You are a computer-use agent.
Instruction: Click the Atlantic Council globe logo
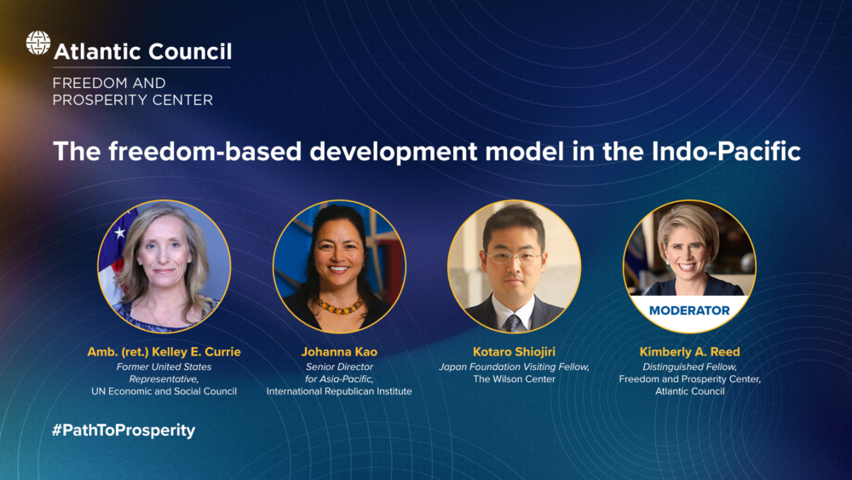pos(38,43)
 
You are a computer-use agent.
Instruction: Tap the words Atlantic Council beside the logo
pos(143,52)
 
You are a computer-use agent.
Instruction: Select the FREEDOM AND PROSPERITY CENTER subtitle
pos(133,91)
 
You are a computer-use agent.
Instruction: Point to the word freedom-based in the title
pos(204,151)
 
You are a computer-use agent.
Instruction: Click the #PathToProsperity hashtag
pos(124,431)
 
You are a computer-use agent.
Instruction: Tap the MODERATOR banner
pos(689,310)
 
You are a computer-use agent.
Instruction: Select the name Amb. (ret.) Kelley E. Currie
pos(164,352)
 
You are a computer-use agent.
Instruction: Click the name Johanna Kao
pos(339,352)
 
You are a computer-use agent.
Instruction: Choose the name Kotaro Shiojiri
pos(514,352)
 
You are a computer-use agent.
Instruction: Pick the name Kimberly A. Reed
pos(689,352)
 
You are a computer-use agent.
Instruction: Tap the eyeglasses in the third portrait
pos(514,257)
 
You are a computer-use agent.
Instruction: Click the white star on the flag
pos(120,233)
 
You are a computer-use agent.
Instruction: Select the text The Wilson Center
pos(514,379)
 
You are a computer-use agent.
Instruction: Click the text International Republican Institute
pos(339,391)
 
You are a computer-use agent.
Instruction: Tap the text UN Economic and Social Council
pos(164,391)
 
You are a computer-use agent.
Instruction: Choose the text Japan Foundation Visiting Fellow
pos(514,367)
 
